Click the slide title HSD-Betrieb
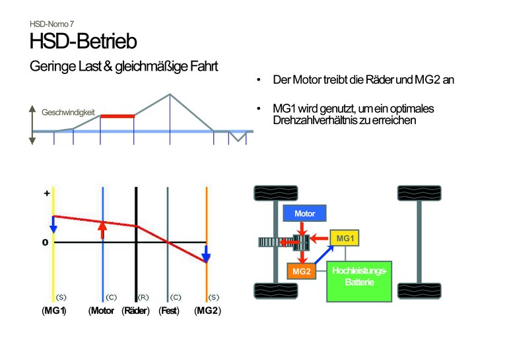pos(83,42)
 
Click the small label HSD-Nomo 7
pos(51,24)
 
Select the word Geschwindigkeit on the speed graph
pos(69,113)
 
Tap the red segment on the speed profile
pos(117,116)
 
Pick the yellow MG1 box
pos(345,236)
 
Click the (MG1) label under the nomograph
pos(54,311)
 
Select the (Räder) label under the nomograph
pos(136,311)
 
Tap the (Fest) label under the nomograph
pos(169,311)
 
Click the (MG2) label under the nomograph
pos(207,311)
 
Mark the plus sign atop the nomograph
pos(46,194)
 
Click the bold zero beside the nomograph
pos(46,242)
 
